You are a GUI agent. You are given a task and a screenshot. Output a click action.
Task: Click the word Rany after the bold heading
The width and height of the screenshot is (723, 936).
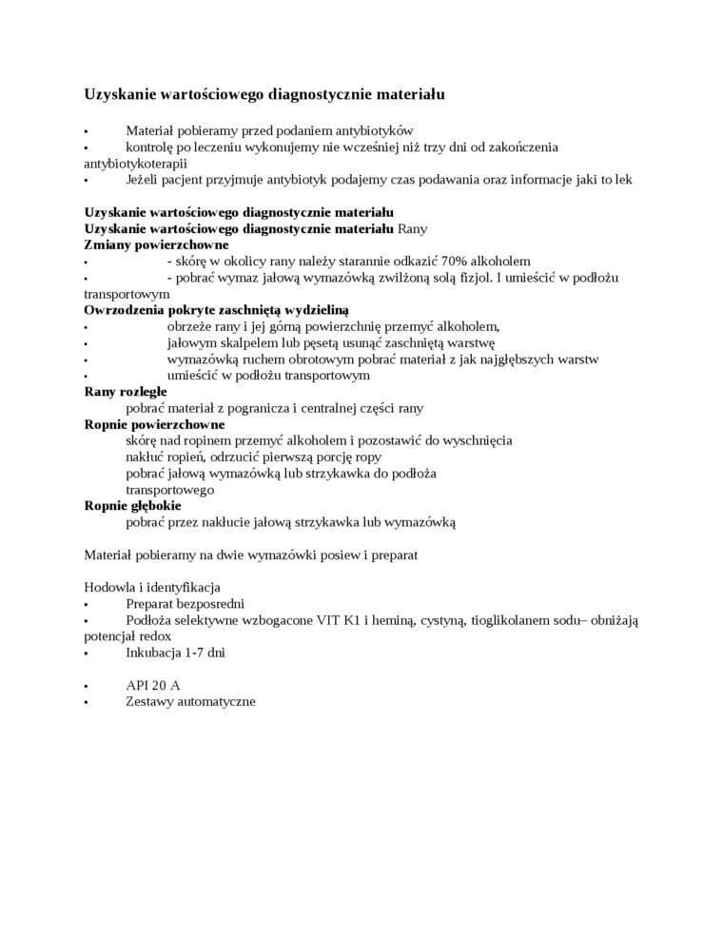point(414,228)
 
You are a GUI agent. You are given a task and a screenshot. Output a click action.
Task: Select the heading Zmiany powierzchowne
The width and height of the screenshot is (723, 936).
point(156,244)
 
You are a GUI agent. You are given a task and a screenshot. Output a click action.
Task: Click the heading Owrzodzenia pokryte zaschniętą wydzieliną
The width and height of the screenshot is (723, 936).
point(217,310)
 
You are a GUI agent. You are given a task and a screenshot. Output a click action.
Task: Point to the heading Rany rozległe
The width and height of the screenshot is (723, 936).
point(126,391)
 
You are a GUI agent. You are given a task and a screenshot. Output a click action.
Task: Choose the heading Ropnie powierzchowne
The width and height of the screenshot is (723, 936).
point(154,424)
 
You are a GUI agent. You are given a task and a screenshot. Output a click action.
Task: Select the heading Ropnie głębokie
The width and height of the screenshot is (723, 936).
point(132,506)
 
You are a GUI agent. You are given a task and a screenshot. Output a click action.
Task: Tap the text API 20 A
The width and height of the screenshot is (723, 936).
point(152,685)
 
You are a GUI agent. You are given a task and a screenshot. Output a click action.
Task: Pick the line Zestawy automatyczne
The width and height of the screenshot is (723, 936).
point(190,701)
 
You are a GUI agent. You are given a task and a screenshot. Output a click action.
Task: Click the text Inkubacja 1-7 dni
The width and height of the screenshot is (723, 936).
point(175,653)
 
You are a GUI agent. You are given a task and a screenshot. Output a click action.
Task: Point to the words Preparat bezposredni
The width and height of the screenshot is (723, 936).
point(186,603)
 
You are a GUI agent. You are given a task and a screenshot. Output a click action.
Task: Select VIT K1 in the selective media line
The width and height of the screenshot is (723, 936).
point(350,620)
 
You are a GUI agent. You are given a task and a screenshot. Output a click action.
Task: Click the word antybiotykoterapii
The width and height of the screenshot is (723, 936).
point(135,164)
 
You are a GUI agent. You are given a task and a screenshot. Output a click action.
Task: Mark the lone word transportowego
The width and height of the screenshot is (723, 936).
point(169,490)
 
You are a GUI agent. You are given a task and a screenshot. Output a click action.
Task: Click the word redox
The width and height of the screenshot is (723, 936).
point(157,636)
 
